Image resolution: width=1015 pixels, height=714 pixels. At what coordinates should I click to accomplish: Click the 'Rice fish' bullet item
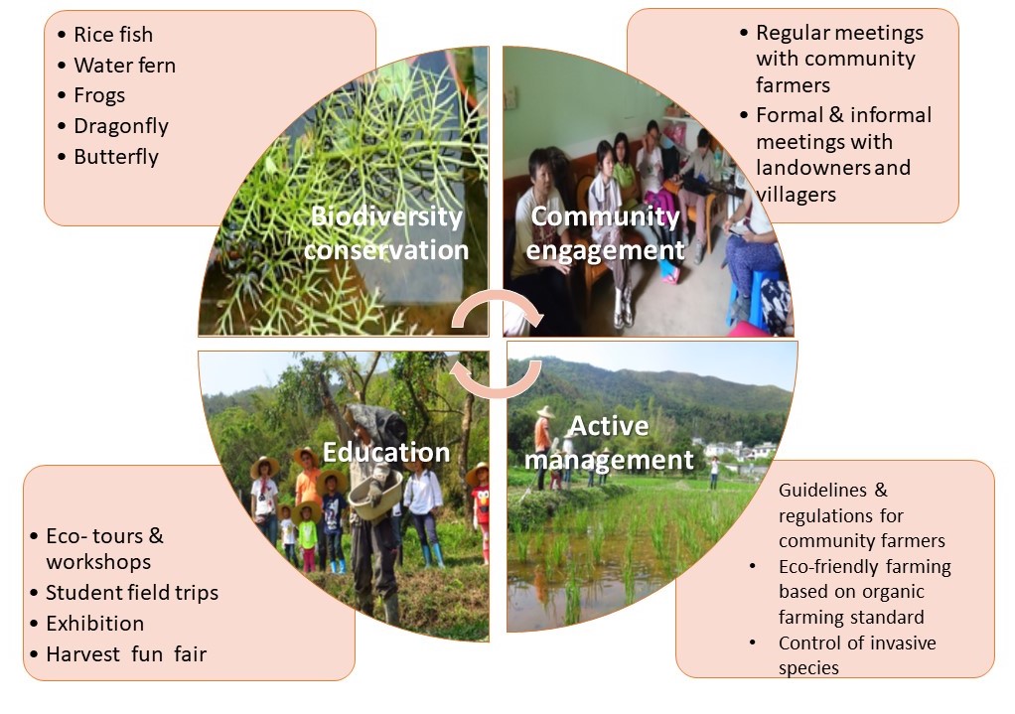pos(113,35)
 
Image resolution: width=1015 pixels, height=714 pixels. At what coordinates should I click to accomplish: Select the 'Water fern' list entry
pos(124,65)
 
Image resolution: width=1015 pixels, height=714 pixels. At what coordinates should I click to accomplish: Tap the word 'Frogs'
pos(99,95)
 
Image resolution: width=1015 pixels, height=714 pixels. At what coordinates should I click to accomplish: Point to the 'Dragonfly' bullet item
pos(121,126)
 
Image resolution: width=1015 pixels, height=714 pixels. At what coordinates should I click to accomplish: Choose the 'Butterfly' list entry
pos(116,157)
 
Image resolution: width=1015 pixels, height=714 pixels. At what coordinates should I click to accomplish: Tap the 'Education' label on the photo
pos(385,452)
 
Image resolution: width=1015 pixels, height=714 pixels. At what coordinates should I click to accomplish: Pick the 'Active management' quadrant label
pos(609,443)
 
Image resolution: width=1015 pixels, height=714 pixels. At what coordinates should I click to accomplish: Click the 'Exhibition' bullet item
pos(95,624)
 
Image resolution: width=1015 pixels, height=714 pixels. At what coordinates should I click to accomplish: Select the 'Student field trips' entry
pos(132,593)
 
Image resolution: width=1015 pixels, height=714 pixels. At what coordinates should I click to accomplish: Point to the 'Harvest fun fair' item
pos(126,653)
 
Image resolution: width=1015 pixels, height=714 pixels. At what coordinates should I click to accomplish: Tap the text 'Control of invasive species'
pos(857,655)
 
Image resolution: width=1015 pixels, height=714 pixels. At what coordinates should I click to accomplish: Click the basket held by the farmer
pos(375,495)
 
